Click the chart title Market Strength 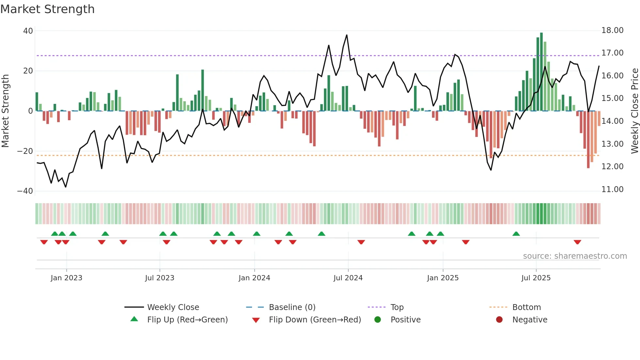tap(47, 9)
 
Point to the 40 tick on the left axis tap(28, 31)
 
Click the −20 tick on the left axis tap(25, 151)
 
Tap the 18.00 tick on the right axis tap(612, 30)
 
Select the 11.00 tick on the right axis tap(612, 189)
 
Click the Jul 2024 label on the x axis tap(348, 278)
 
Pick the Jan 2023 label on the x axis tap(66, 278)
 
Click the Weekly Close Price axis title tap(634, 111)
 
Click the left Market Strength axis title tap(5, 111)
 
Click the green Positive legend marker tap(377, 320)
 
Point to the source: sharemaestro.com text tap(575, 256)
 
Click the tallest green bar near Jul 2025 tap(541, 72)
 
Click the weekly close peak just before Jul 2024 tap(346, 35)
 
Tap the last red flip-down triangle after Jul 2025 tap(577, 242)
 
